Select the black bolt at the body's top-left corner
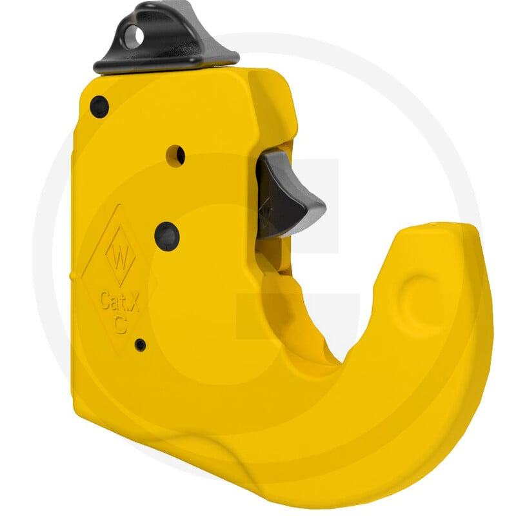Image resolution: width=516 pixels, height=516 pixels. [x=99, y=107]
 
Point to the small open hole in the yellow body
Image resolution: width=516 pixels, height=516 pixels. [x=175, y=156]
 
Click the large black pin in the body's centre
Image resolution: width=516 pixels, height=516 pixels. [x=167, y=237]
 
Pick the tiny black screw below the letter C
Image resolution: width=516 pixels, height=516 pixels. [x=141, y=344]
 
